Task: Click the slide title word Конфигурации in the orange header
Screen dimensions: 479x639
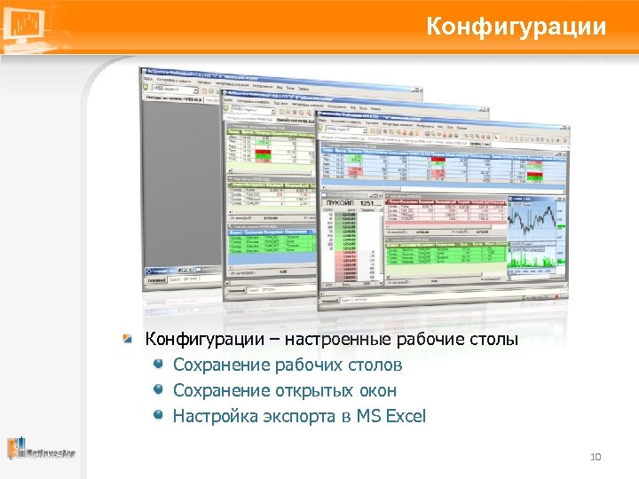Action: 516,27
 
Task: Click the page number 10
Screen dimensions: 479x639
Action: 596,457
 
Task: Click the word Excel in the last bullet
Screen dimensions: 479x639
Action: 406,416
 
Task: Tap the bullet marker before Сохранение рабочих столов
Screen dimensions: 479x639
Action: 157,365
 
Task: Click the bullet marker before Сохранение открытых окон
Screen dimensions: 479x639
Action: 157,390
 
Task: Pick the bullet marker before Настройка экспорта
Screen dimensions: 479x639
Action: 157,415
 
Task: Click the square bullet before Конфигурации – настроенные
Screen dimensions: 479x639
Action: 130,339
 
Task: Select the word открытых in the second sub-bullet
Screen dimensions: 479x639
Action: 302,390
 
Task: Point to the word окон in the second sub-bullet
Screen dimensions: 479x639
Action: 376,390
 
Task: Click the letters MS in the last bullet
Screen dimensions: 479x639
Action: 367,416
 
